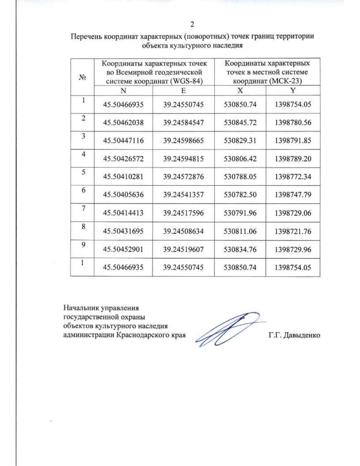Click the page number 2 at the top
point(192,24)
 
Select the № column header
point(82,77)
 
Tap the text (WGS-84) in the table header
point(186,81)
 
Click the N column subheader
point(123,91)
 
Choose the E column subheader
point(183,91)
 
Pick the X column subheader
point(240,91)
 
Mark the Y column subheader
point(293,91)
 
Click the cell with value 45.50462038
point(123,122)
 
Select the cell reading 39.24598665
point(183,140)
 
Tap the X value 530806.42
point(240,158)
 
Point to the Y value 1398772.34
point(293,176)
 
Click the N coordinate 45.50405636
point(123,194)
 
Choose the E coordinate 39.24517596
point(183,213)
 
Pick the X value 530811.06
point(240,231)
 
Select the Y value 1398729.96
point(293,249)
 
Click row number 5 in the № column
point(83,172)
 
